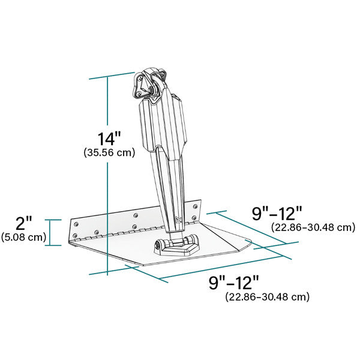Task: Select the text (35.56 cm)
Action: tap(109, 153)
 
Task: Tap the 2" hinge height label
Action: tap(24, 224)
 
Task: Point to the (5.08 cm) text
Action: tap(24, 237)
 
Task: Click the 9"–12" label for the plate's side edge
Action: tap(277, 213)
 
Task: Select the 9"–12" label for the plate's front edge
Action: tap(234, 282)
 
